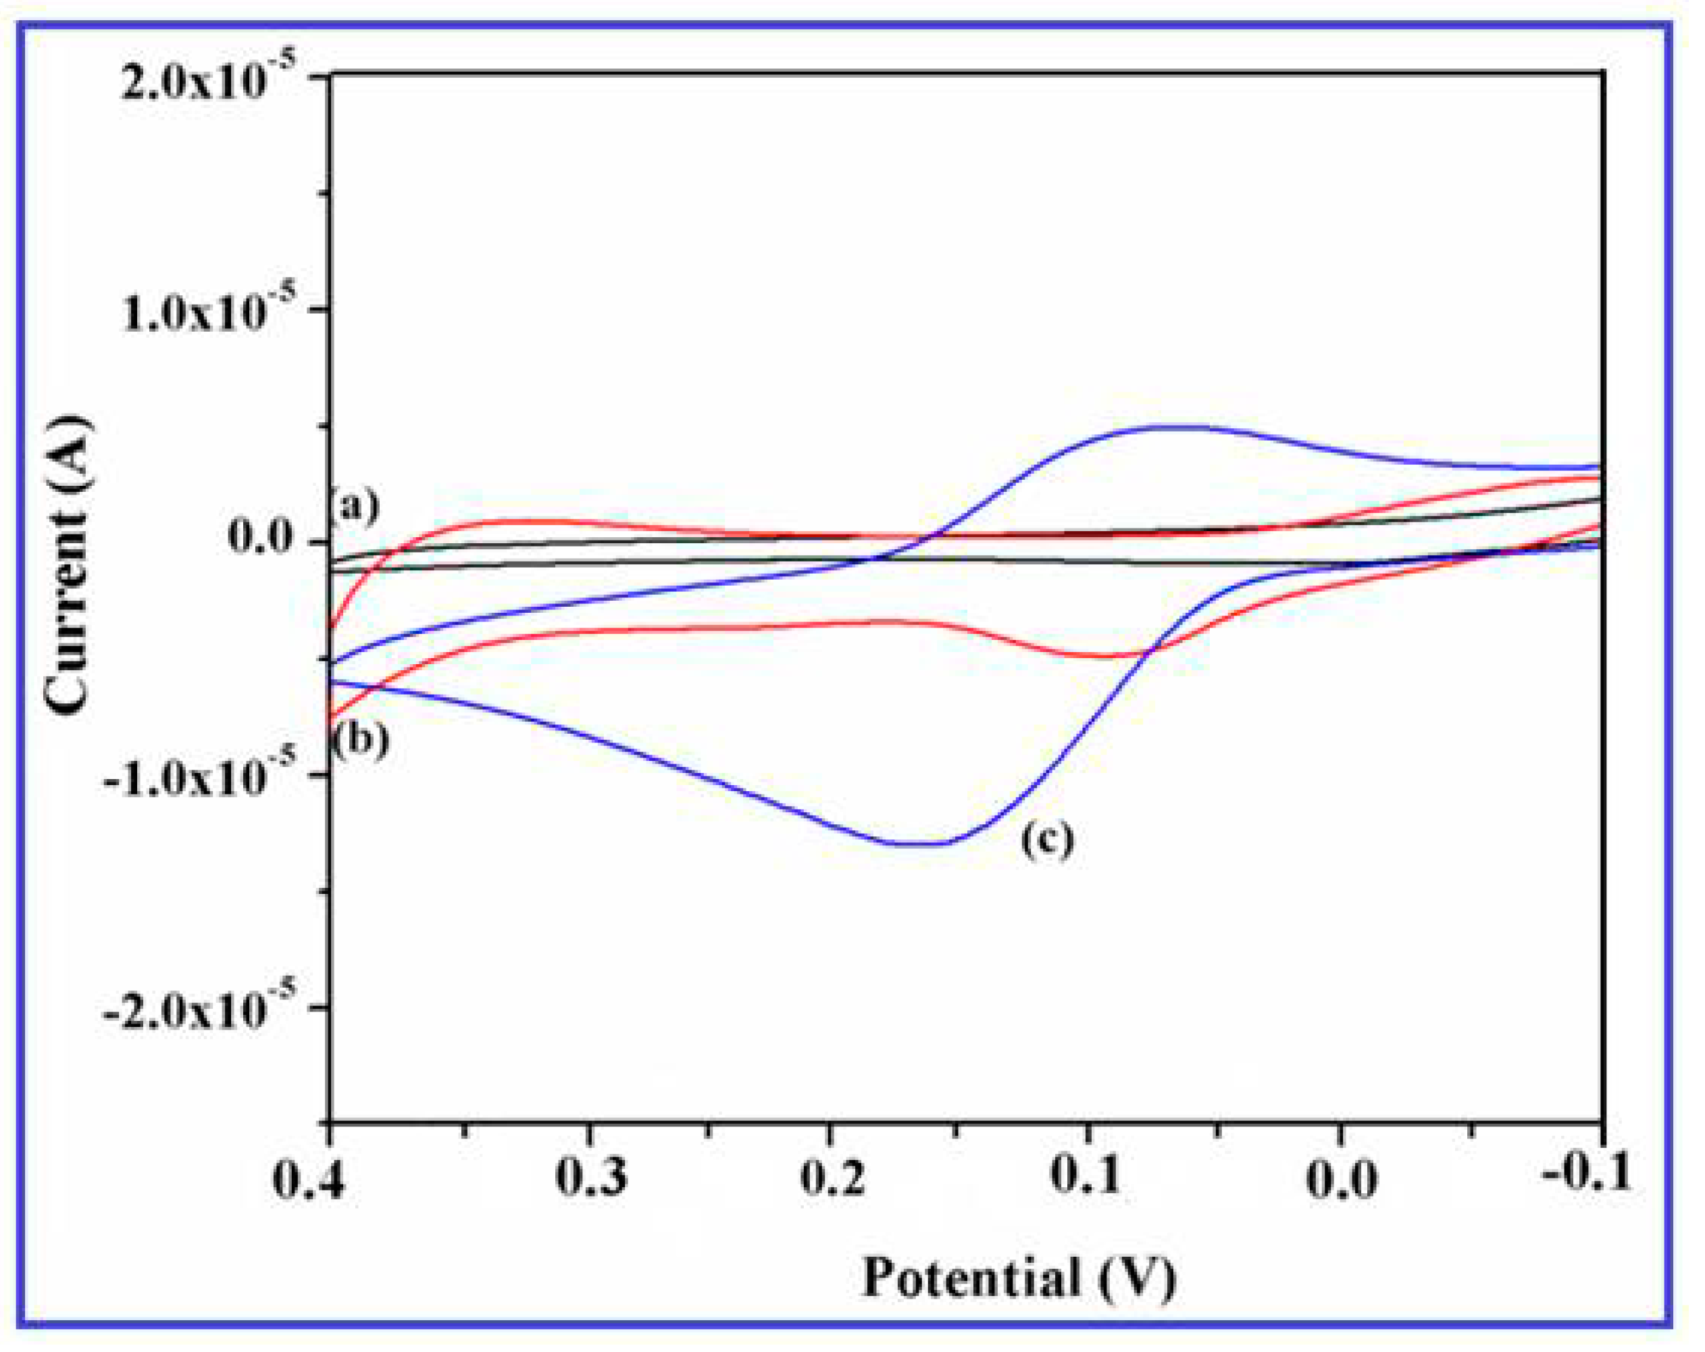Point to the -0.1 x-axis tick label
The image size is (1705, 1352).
(1586, 1173)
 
